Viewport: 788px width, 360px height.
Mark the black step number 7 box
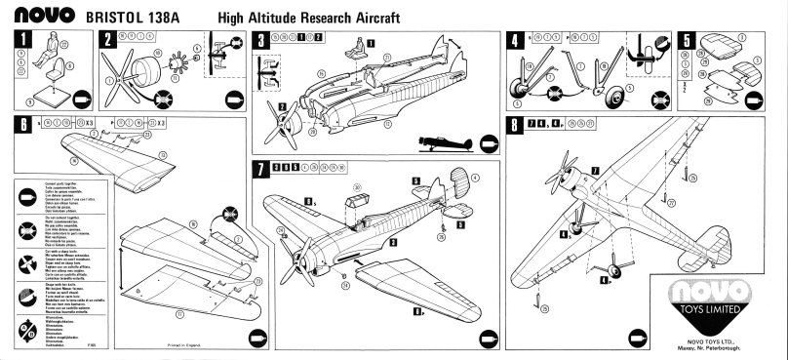(x=259, y=168)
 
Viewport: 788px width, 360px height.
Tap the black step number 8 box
(x=515, y=125)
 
